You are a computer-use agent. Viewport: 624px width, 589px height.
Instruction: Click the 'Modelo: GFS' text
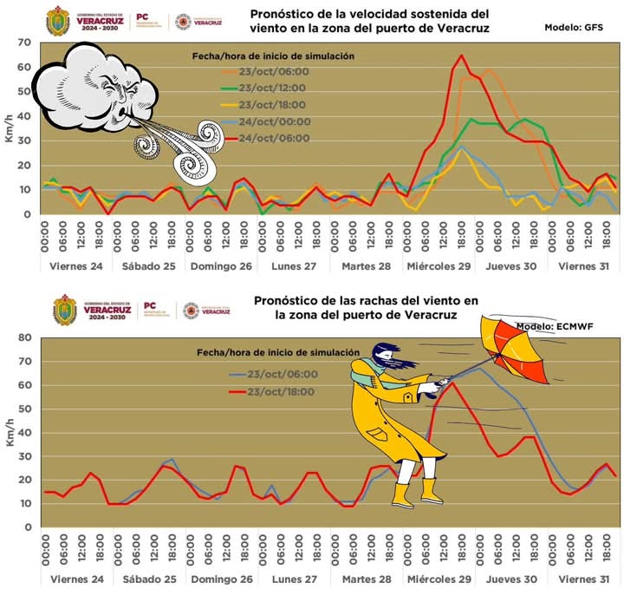pos(573,28)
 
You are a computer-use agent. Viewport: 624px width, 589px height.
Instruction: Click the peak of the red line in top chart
pos(460,56)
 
